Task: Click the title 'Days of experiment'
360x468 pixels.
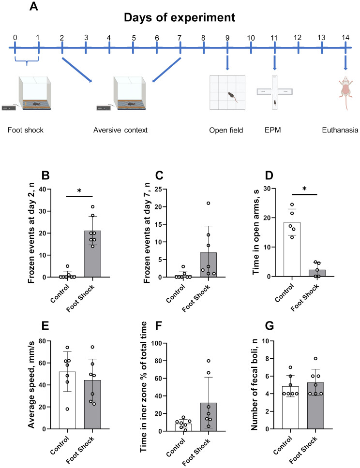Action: tap(180, 17)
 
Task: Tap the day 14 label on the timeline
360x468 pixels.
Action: tap(345, 38)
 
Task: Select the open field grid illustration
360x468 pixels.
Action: tap(227, 92)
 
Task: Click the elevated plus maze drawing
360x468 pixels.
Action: tap(274, 92)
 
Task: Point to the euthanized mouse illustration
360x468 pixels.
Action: tap(345, 92)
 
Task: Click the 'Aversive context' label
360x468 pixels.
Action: tap(120, 130)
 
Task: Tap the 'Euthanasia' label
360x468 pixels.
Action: tap(340, 130)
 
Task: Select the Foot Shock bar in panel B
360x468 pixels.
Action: tap(92, 254)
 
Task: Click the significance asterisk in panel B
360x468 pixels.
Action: tap(79, 191)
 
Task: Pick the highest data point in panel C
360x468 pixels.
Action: tap(208, 203)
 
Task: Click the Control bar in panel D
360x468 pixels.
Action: tap(292, 249)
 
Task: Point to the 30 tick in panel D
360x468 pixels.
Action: tap(267, 189)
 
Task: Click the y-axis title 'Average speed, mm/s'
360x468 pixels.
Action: tap(31, 385)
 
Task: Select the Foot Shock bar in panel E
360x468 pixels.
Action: tap(92, 405)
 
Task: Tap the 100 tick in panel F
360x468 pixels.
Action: tap(157, 343)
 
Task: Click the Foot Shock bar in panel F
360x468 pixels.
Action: tap(208, 417)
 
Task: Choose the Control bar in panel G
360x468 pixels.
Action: tap(290, 408)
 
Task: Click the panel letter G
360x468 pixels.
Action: tap(269, 325)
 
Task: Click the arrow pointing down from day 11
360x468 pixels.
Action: tap(274, 62)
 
